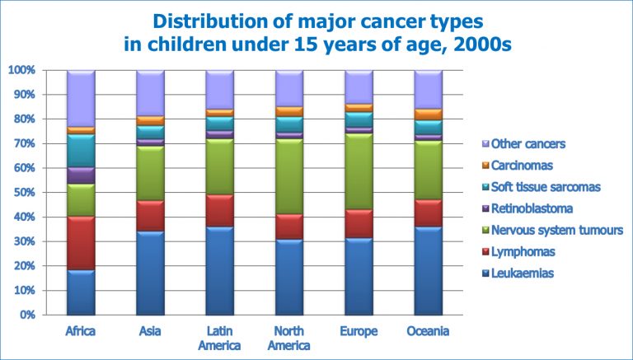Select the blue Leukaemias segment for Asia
point(150,273)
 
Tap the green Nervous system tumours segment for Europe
point(359,171)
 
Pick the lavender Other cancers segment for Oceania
point(428,89)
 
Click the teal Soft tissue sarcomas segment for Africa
point(80,150)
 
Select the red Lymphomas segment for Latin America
point(219,210)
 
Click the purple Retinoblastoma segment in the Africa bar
point(80,175)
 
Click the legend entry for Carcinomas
point(523,165)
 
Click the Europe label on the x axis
point(359,332)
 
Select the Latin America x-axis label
point(219,339)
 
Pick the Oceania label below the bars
point(428,332)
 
